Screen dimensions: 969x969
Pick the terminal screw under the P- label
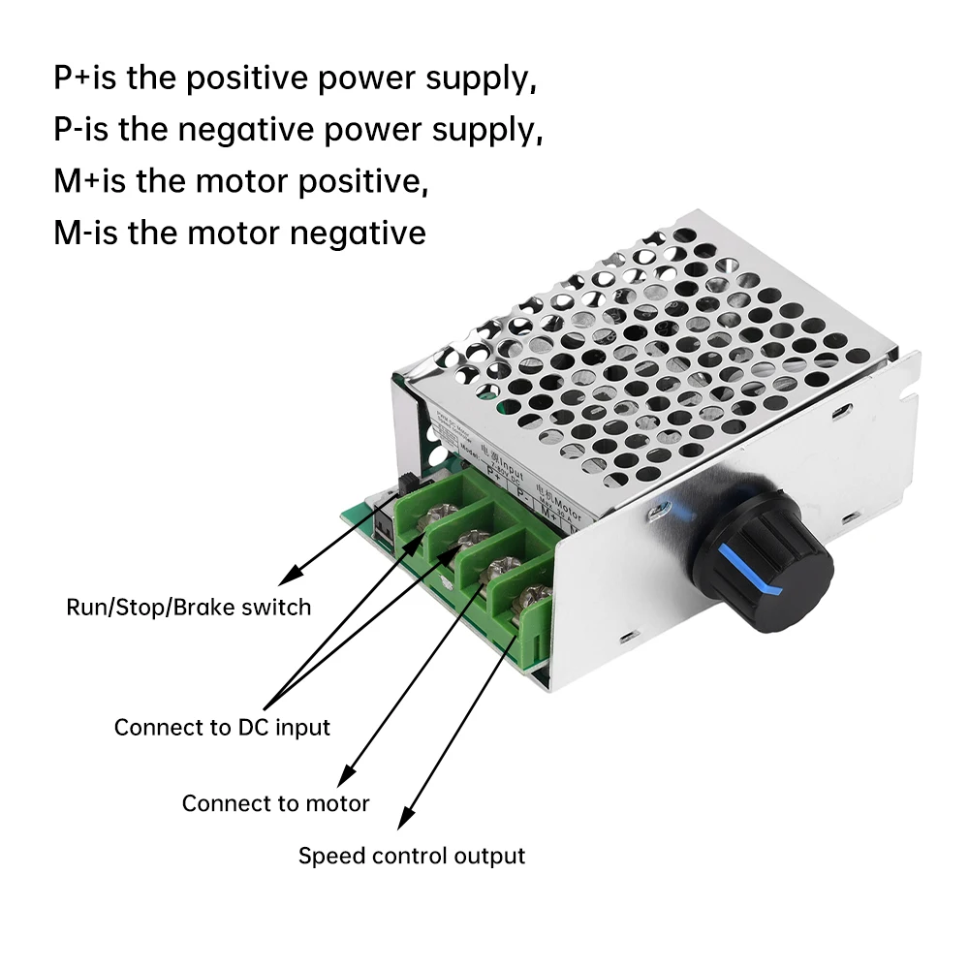click(472, 539)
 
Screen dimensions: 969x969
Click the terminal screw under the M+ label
click(501, 568)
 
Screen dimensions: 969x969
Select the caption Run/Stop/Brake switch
click(189, 608)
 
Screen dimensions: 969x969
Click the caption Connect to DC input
click(222, 727)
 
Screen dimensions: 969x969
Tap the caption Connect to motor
click(275, 803)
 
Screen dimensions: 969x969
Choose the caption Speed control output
click(411, 856)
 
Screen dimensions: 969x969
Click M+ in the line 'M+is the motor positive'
click(71, 180)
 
